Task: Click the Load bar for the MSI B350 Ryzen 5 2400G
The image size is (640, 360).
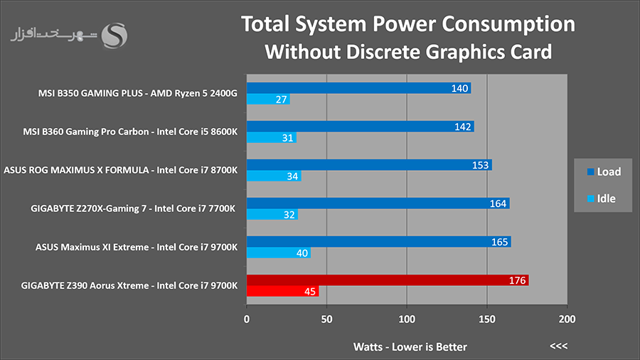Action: [x=359, y=88]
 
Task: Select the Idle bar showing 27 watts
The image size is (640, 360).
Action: [x=268, y=99]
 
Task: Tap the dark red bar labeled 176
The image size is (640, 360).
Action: [x=388, y=280]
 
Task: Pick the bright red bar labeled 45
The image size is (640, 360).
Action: [x=283, y=292]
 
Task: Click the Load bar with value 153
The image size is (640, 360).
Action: [x=369, y=165]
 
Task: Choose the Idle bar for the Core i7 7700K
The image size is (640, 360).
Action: [x=272, y=214]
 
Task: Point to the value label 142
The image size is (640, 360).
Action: [x=463, y=127]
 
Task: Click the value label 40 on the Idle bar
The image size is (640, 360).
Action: [x=302, y=253]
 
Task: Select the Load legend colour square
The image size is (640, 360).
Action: [x=590, y=172]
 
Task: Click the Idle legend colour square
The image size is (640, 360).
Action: [x=590, y=198]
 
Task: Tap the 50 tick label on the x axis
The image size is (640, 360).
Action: [x=326, y=319]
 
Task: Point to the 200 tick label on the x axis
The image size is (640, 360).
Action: [x=567, y=319]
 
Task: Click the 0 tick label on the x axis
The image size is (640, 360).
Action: [x=247, y=319]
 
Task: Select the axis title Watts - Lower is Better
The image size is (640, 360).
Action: [x=410, y=347]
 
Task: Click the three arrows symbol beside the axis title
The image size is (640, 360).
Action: [x=558, y=346]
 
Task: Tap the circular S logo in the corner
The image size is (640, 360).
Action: [x=114, y=36]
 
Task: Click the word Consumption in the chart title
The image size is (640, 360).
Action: [x=508, y=24]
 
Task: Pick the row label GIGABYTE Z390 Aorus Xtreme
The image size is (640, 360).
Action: [x=85, y=286]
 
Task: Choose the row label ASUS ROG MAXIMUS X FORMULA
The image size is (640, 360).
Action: [x=76, y=170]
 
